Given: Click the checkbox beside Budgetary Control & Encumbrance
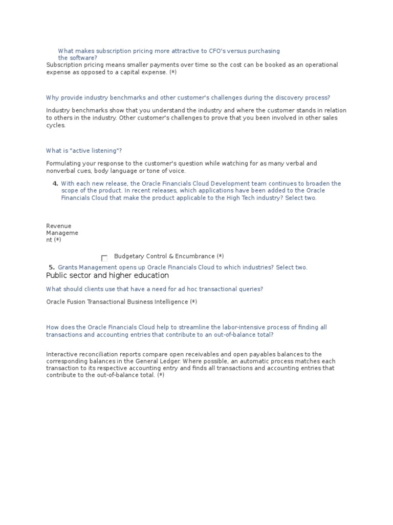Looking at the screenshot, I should [x=104, y=258].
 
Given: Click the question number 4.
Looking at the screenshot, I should [x=55, y=184].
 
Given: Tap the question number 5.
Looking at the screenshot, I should [x=51, y=268].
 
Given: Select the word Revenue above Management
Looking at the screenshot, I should [x=59, y=226].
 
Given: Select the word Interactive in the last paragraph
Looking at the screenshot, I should [x=62, y=354].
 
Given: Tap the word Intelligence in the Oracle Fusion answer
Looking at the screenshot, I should [x=171, y=302].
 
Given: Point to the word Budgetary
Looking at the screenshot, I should [x=129, y=256].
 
